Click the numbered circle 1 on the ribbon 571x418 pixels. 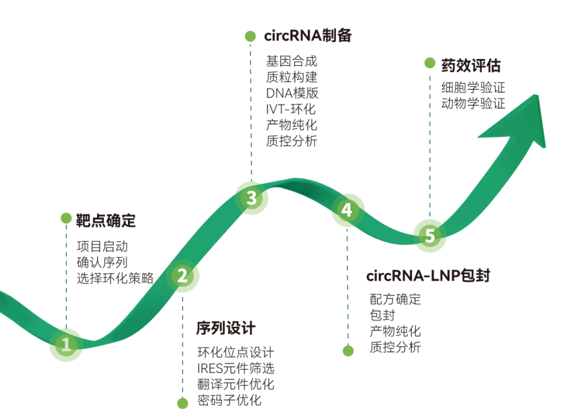coord(66,345)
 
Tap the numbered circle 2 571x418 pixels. coord(182,275)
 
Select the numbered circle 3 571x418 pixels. coord(252,198)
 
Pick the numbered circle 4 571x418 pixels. coord(347,210)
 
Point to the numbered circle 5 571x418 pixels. coord(429,235)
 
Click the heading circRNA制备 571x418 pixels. coord(308,36)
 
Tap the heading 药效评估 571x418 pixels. coord(471,65)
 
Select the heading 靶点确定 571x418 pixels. coord(106,221)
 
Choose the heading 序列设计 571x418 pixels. coord(226,328)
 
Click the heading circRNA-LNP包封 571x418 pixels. coord(428,275)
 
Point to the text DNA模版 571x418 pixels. coord(292,94)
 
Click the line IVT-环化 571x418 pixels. coord(291,110)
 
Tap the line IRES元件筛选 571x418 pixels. coord(236,368)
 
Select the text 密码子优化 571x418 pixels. coord(229,400)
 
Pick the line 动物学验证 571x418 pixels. coord(473,103)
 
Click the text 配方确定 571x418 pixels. coord(395,299)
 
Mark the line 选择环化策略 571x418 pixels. coord(115,278)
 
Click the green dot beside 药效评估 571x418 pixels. coord(430,63)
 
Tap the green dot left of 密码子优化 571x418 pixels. coord(182,403)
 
